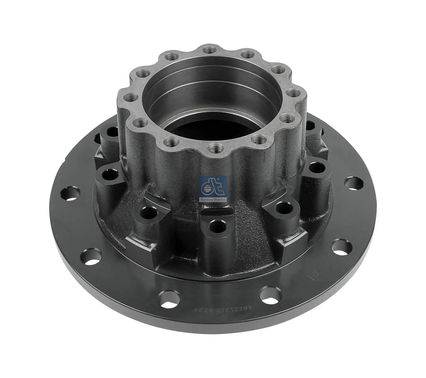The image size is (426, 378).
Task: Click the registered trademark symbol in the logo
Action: [x=219, y=180]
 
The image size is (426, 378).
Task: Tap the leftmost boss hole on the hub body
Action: [x=110, y=174]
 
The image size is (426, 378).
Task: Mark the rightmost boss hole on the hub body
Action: [x=316, y=168]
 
